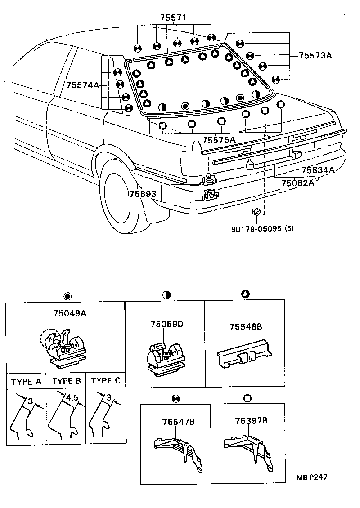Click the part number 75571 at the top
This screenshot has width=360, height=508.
click(x=173, y=18)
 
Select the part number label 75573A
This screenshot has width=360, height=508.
click(x=315, y=56)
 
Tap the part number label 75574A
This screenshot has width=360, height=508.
click(x=82, y=85)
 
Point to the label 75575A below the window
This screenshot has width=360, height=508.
click(x=219, y=140)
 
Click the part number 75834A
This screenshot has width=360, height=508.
click(x=318, y=170)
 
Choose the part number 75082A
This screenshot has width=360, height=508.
click(x=297, y=183)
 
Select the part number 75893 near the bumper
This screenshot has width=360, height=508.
click(x=143, y=194)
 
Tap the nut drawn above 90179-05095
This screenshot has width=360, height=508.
click(x=256, y=211)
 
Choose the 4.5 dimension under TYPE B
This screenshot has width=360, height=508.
click(x=72, y=398)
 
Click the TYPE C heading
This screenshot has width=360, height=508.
click(x=105, y=381)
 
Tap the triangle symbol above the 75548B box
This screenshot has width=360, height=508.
click(x=245, y=294)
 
